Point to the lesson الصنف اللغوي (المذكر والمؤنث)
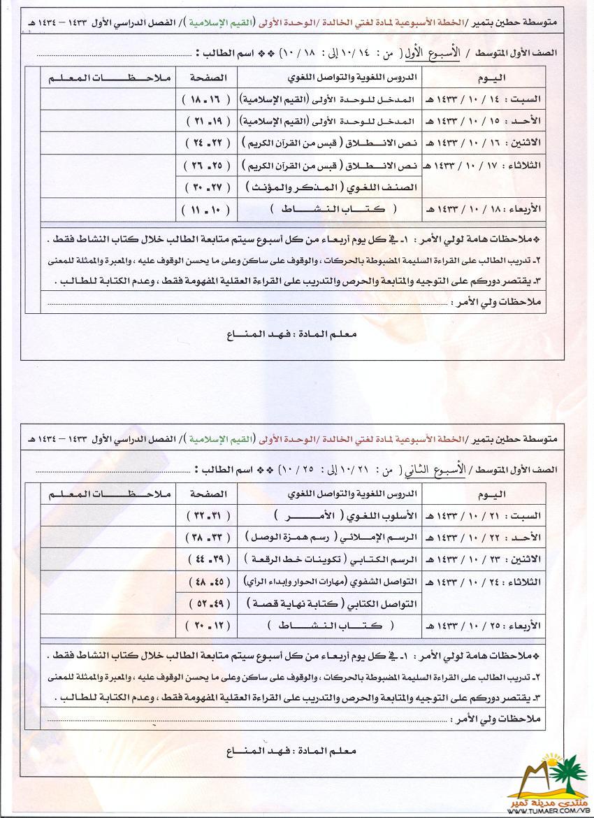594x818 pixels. click(330, 187)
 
